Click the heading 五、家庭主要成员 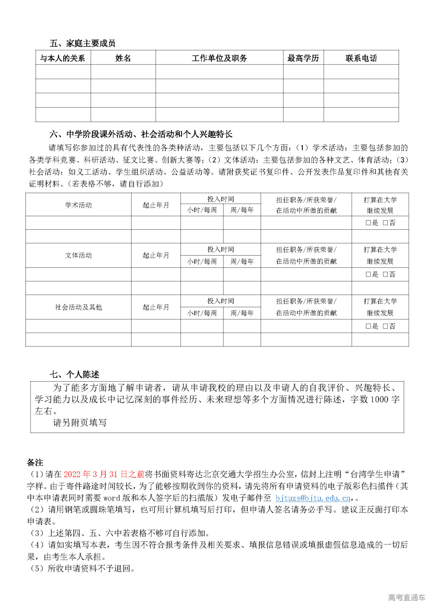coord(83,43)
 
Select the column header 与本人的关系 coord(63,58)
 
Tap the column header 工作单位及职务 coord(219,58)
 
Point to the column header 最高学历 coord(303,58)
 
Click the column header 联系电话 coord(361,58)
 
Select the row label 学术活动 coord(79,205)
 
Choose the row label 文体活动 coord(79,255)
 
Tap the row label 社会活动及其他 coord(79,307)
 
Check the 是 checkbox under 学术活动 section coord(368,223)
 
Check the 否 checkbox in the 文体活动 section coord(385,275)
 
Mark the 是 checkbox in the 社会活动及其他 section coord(368,326)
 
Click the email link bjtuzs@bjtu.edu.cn coord(313,498)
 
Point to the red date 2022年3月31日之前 coord(104,474)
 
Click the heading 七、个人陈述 coord(74,374)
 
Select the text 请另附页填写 coord(80,422)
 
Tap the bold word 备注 coord(35,462)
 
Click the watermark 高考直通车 coord(406,597)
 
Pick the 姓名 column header coord(123,58)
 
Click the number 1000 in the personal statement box coord(379,399)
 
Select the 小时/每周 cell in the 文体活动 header coord(202,261)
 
